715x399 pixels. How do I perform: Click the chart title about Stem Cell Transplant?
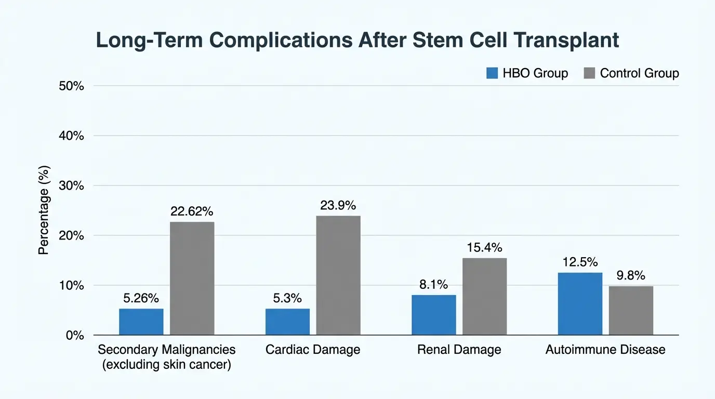point(357,41)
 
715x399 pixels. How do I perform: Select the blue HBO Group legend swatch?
point(492,73)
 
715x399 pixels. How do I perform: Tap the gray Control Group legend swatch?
point(589,73)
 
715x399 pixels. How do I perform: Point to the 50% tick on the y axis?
point(72,86)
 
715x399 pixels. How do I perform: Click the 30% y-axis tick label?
point(72,185)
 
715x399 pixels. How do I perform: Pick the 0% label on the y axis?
point(75,335)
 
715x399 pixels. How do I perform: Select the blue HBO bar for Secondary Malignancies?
point(141,322)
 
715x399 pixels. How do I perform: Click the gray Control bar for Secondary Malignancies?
point(192,278)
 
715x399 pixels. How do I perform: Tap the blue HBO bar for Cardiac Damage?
point(287,322)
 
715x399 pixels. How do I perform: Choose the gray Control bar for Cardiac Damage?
point(338,275)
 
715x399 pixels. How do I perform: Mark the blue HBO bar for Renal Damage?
point(434,315)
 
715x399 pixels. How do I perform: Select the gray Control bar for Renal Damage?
point(485,297)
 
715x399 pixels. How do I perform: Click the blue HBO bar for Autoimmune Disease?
point(580,304)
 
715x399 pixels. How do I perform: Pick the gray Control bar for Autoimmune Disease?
point(631,311)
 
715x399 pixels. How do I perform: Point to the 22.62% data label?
point(192,211)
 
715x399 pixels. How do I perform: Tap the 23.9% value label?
point(338,205)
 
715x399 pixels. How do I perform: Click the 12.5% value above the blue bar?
point(580,262)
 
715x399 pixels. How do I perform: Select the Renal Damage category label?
point(459,350)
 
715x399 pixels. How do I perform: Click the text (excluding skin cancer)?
point(167,365)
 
